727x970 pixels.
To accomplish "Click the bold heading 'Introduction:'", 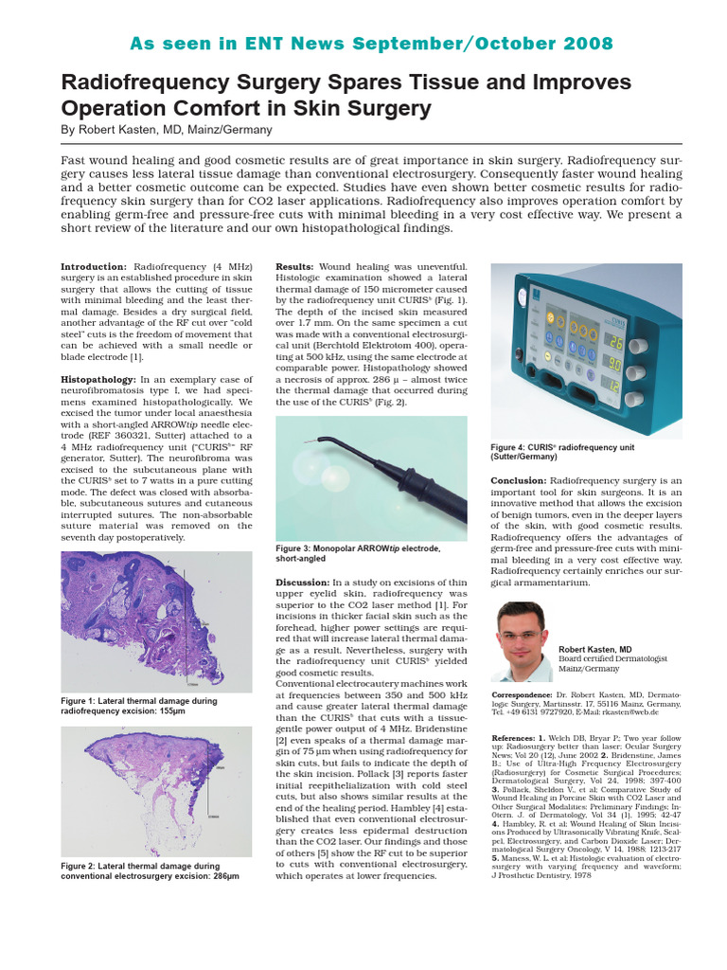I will [93, 267].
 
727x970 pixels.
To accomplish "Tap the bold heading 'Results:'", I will [295, 267].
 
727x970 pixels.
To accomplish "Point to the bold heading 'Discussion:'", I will [302, 582].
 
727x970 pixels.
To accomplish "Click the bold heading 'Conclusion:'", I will [518, 480].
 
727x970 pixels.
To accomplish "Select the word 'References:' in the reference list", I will [516, 736].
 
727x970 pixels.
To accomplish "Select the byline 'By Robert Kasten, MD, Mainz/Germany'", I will [167, 129].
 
